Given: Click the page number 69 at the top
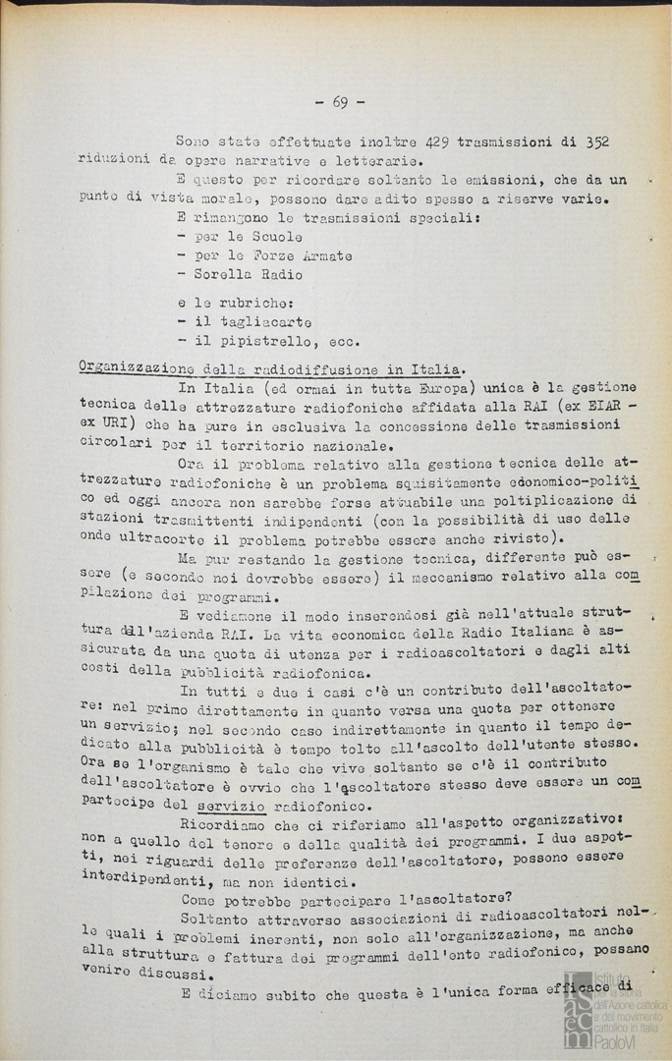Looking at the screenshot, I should [340, 101].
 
